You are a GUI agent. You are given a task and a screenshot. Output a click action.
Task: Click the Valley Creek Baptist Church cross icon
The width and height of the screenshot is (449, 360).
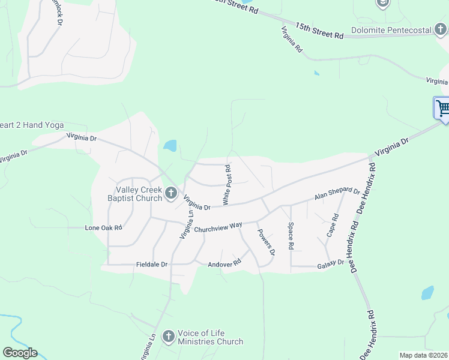pos(171,193)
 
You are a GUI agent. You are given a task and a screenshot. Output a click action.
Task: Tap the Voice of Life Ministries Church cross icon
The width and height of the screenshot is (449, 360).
pos(169,336)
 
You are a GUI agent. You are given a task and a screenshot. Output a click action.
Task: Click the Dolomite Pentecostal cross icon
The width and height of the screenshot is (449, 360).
pos(441,28)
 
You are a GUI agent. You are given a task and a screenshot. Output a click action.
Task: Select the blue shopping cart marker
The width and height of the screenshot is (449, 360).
pos(443,109)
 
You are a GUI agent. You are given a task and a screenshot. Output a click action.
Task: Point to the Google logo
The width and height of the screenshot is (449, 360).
pos(20,353)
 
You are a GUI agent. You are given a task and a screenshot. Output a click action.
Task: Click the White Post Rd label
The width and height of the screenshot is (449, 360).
pos(227,185)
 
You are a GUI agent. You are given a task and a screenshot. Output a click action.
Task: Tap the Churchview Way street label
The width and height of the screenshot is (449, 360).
pos(217,227)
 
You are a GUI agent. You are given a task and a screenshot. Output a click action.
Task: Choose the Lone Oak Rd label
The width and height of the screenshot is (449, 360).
pos(103,228)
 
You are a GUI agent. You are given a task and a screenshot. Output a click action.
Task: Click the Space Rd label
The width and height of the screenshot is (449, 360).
pos(291,236)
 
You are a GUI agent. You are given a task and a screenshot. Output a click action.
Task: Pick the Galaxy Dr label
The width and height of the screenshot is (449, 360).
pos(331,262)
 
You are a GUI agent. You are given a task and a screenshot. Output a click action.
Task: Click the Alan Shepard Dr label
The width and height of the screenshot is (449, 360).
pos(337,195)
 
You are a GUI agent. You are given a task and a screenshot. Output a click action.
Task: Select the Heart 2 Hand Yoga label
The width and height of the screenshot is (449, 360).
pos(28,125)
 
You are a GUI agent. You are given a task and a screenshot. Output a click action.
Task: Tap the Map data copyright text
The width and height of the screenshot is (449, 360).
pos(423,355)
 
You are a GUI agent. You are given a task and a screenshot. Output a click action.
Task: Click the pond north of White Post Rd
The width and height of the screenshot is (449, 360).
pos(170,146)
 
